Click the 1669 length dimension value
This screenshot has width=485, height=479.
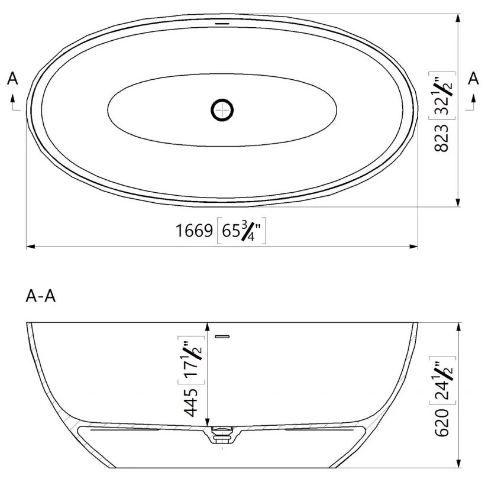click(194, 231)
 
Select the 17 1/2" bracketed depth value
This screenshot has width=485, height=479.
click(192, 360)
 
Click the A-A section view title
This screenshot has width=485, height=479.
click(41, 296)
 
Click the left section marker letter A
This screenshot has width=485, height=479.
click(13, 79)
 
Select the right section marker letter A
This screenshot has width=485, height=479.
click(473, 79)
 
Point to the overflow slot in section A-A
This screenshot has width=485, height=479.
click(222, 336)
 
